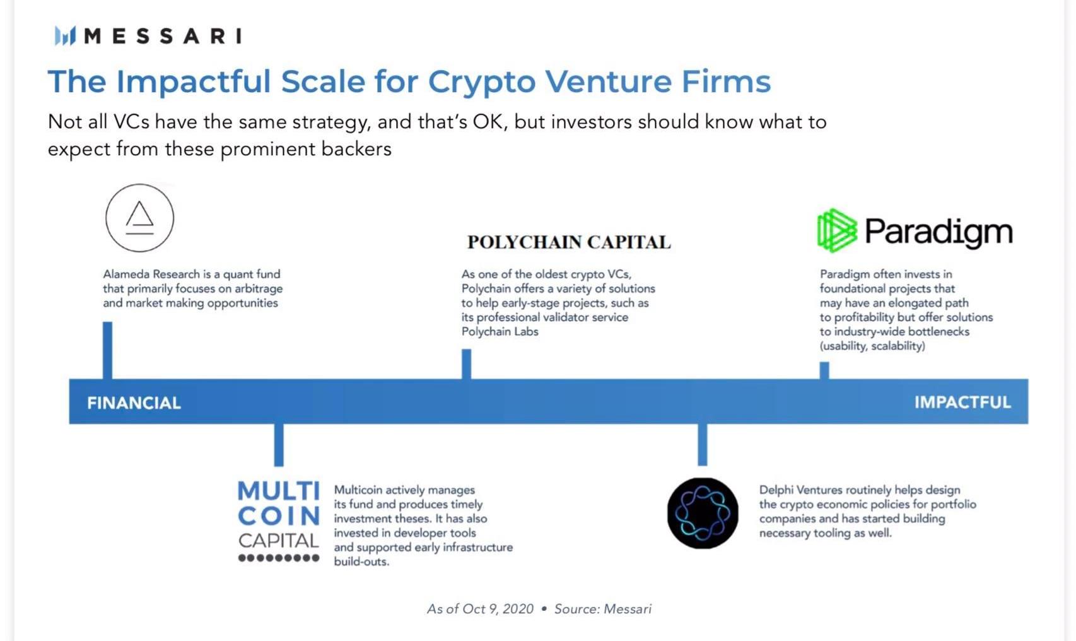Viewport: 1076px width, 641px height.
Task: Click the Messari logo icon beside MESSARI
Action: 66,36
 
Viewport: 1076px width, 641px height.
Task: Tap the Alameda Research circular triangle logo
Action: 140,218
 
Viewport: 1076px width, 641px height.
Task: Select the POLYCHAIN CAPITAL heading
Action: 569,242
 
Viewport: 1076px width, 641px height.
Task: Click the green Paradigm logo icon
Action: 837,231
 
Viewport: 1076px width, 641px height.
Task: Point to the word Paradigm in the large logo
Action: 939,233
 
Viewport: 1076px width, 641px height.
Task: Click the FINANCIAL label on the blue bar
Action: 134,403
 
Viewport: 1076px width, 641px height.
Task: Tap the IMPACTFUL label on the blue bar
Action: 962,402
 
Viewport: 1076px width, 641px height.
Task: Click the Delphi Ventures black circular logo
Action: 703,513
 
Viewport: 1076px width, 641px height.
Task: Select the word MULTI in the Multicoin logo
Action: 279,491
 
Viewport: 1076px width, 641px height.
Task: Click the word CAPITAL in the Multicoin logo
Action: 279,541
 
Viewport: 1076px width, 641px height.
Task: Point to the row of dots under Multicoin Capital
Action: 279,558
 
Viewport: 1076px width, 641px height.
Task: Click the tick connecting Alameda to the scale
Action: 108,350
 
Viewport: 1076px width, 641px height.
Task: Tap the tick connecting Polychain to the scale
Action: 467,364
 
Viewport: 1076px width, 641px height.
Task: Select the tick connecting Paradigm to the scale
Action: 824,370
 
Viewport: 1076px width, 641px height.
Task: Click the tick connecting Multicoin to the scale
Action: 279,445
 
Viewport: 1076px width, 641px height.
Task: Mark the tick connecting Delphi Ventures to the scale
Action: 702,444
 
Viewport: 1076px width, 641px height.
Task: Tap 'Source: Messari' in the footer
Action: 603,609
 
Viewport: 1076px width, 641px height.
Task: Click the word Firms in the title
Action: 727,81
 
